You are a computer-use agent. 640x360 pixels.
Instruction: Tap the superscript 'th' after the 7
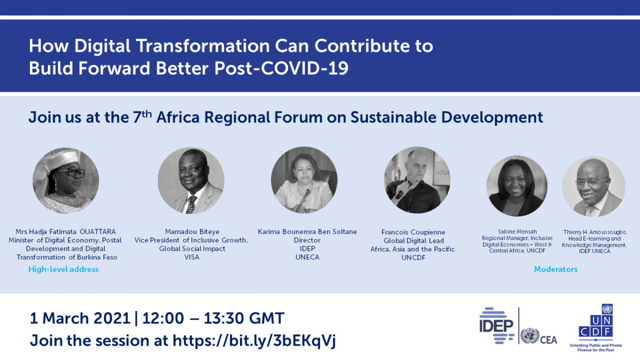[147, 114]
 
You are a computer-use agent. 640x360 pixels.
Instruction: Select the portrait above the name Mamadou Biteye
[191, 180]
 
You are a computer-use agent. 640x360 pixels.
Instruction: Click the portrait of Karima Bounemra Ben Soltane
[305, 180]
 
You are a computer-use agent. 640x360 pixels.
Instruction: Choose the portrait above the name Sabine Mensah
[517, 186]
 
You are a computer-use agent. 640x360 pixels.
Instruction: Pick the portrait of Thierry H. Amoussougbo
[594, 186]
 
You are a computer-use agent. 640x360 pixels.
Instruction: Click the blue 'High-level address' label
[63, 269]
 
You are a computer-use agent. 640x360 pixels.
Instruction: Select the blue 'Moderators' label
[556, 269]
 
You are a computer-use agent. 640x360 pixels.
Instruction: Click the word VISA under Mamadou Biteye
[191, 257]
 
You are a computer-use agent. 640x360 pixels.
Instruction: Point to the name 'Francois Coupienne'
[413, 232]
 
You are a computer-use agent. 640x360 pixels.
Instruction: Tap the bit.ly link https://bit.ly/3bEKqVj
[254, 341]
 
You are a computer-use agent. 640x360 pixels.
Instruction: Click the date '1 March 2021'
[80, 318]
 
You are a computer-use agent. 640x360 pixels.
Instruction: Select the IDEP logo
[497, 325]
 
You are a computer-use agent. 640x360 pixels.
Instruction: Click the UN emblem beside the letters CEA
[530, 336]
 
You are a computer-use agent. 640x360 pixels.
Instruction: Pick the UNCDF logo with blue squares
[596, 327]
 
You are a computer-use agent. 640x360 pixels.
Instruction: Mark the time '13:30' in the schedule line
[223, 318]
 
